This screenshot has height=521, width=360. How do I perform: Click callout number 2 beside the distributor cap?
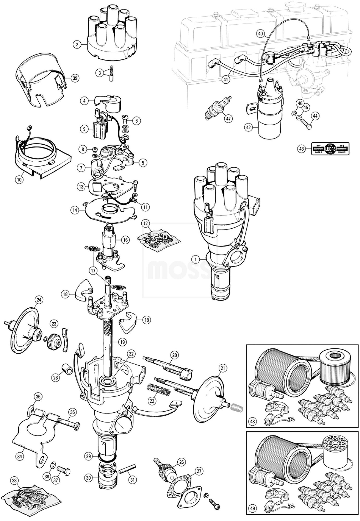(77, 45)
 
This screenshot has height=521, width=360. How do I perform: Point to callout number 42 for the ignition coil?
(248, 127)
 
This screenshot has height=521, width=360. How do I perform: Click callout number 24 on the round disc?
(38, 300)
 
